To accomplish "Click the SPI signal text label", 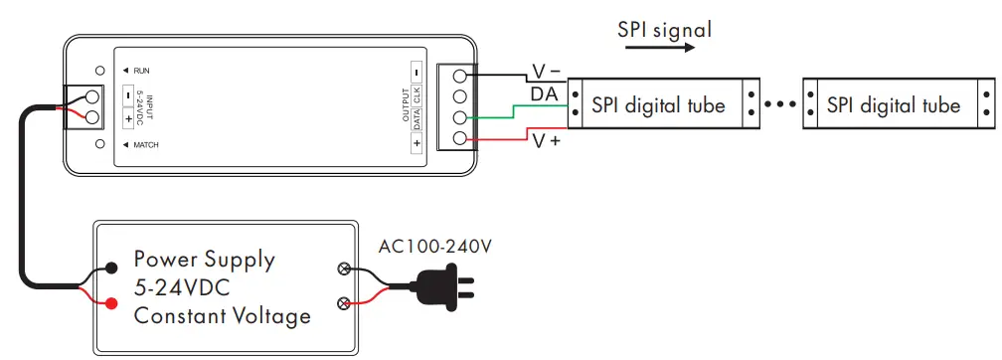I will tap(664, 29).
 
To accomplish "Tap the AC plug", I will tap(442, 288).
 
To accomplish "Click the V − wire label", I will tap(546, 72).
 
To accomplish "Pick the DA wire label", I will tap(544, 93).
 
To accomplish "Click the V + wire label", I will tap(546, 141).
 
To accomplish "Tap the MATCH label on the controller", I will tap(145, 145).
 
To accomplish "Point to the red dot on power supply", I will tap(112, 302).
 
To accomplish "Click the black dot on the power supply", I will tap(112, 267).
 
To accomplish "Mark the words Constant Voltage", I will tap(223, 316).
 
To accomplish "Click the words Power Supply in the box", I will tap(204, 261).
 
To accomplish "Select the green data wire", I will tap(517, 109).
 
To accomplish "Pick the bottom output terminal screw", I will tap(459, 138).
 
